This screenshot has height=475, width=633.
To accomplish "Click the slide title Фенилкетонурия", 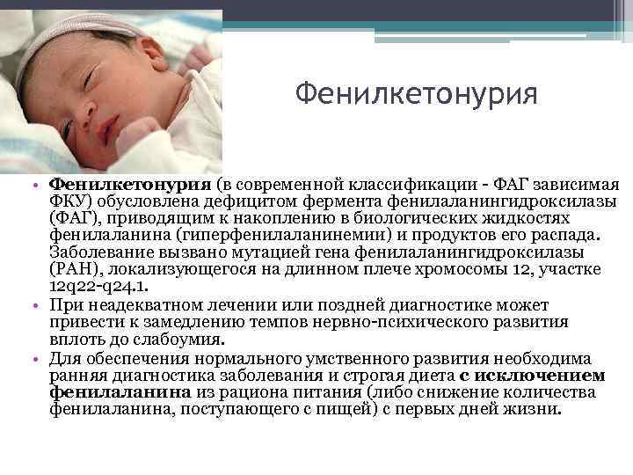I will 415,92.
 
